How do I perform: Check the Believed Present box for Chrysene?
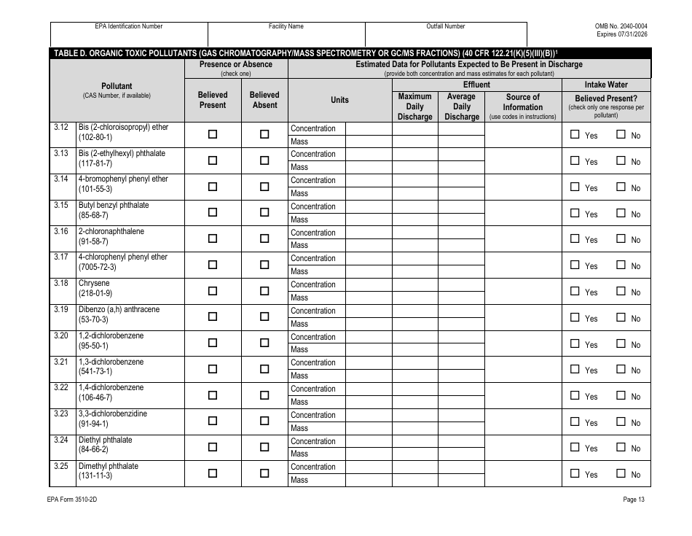213,291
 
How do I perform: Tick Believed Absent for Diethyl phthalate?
264,447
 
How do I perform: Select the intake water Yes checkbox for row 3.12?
575,134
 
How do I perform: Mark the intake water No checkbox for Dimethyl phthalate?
621,473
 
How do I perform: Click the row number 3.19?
61,309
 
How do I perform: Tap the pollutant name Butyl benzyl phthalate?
114,206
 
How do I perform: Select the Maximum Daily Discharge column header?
415,106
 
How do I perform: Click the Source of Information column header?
522,106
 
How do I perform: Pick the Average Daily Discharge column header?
461,106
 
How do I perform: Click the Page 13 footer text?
634,500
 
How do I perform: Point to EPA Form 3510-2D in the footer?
74,500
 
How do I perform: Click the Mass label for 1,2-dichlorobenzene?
299,349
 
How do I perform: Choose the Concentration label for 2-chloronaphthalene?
313,233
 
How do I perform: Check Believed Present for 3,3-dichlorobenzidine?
213,421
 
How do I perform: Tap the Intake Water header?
606,85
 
